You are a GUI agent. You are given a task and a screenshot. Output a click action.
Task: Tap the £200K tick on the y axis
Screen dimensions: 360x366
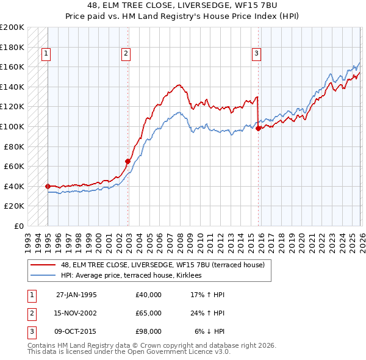pyautogui.click(x=12, y=27)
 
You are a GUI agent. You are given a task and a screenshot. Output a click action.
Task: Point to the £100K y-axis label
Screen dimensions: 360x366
pyautogui.click(x=12, y=126)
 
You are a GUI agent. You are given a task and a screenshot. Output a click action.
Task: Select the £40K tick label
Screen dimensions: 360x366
pyautogui.click(x=14, y=186)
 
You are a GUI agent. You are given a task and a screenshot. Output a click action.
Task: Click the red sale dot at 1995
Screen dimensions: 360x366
pyautogui.click(x=48, y=186)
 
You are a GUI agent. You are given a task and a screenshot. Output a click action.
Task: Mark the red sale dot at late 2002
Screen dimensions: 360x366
pyautogui.click(x=127, y=161)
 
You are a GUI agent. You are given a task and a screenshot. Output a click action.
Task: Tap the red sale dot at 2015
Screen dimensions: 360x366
pyautogui.click(x=259, y=128)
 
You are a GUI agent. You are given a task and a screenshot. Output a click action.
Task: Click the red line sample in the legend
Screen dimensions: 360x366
pyautogui.click(x=43, y=265)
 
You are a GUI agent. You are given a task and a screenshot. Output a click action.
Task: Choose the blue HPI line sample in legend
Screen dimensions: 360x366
pyautogui.click(x=43, y=276)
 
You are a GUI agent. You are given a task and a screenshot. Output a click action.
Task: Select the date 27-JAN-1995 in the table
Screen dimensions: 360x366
pyautogui.click(x=76, y=295)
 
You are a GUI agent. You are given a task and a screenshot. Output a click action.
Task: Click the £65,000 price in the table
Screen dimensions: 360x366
pyautogui.click(x=149, y=313)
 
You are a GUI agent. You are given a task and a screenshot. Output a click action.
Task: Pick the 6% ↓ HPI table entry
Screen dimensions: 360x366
pyautogui.click(x=210, y=331)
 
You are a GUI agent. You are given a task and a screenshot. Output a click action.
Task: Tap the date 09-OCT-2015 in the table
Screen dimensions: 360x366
pyautogui.click(x=76, y=331)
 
